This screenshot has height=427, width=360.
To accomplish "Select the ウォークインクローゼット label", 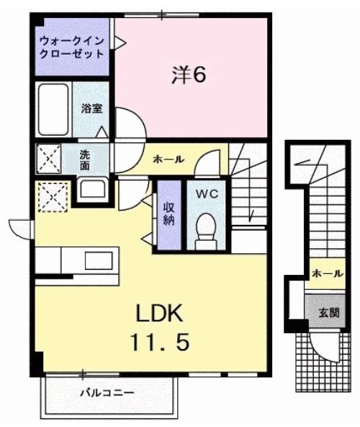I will coord(72,48).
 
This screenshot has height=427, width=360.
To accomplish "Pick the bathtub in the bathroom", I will coord(53,110).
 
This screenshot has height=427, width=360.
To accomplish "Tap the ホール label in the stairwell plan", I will coord(328,275).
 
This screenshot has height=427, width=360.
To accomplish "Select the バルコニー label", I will coord(107,393).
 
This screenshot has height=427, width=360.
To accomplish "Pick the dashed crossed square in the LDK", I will coord(53,198).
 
